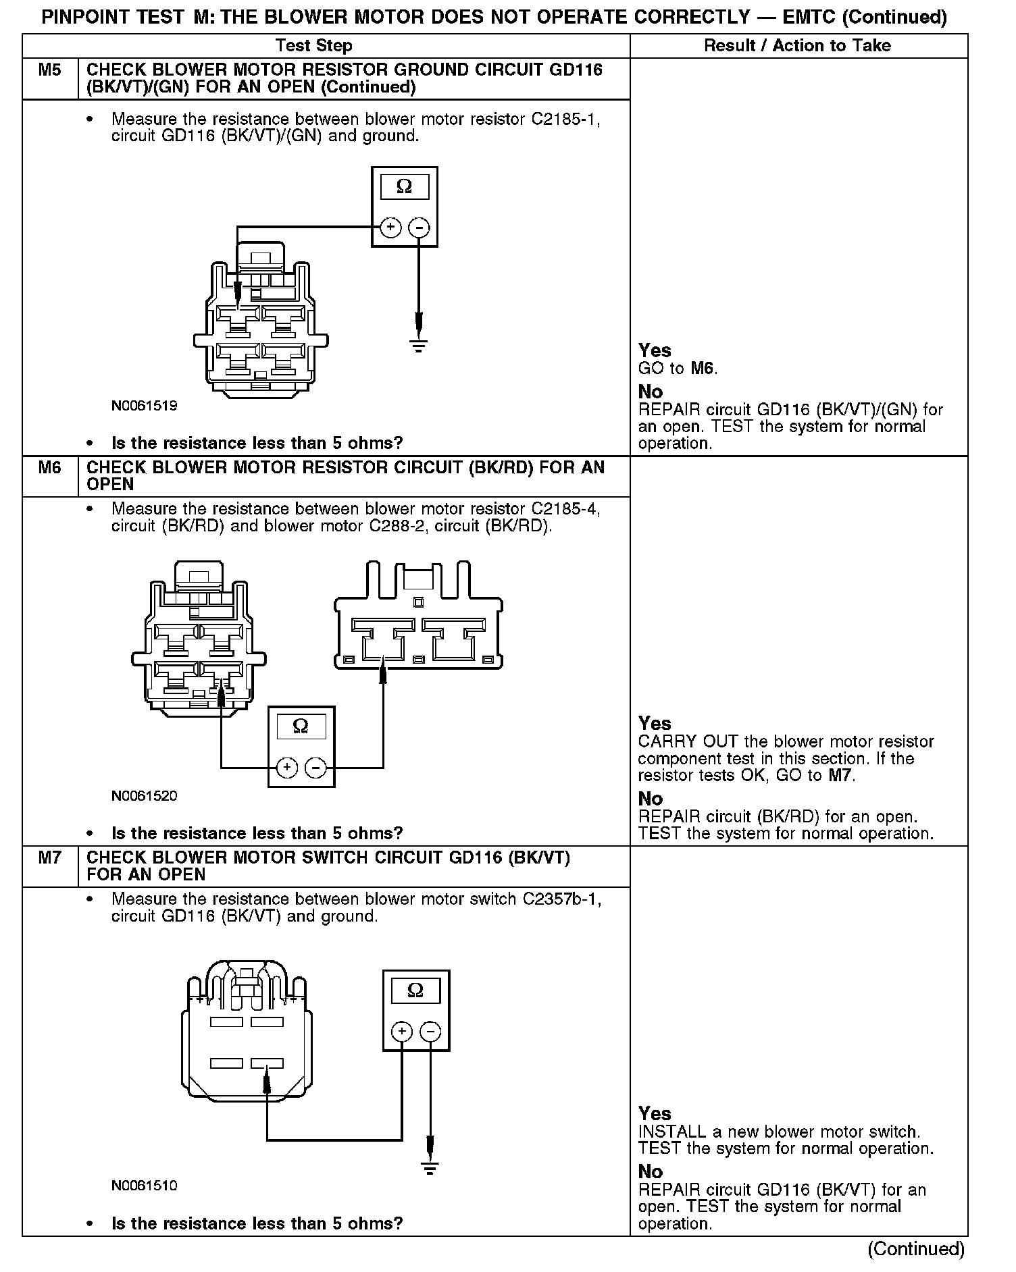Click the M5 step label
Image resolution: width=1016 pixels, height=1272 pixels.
point(50,70)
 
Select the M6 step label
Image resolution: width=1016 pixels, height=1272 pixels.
point(50,467)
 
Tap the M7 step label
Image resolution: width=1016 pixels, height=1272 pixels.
point(50,857)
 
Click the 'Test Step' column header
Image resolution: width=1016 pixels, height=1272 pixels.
point(314,45)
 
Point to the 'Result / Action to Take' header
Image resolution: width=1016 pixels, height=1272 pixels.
point(797,45)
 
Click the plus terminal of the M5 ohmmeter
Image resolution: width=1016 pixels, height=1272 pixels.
point(390,228)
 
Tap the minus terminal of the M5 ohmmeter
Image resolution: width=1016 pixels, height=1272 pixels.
point(420,228)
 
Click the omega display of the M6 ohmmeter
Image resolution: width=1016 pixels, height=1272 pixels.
point(301,726)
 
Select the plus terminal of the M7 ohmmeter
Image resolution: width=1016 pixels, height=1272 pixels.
point(401,1031)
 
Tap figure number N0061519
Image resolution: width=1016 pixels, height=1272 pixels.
point(145,406)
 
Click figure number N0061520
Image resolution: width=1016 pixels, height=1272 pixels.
point(145,795)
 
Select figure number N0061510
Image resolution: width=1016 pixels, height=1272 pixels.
point(145,1186)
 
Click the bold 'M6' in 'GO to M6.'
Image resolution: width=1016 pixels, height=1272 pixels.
point(703,368)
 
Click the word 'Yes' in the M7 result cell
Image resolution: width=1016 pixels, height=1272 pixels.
point(655,1113)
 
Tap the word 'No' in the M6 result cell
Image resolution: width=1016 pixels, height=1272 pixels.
point(651,799)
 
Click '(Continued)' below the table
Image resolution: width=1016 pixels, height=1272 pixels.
point(916,1248)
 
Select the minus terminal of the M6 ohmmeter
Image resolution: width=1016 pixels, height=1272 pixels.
point(316,768)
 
